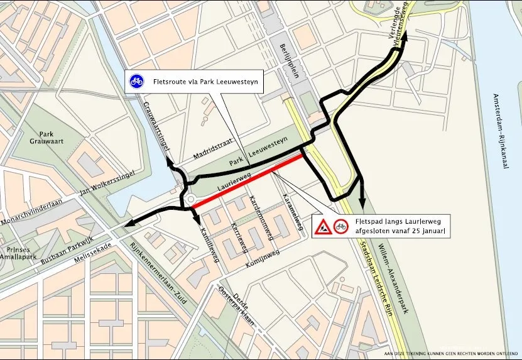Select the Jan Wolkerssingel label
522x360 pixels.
point(108,187)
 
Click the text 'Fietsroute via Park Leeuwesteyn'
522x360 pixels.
point(206,81)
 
